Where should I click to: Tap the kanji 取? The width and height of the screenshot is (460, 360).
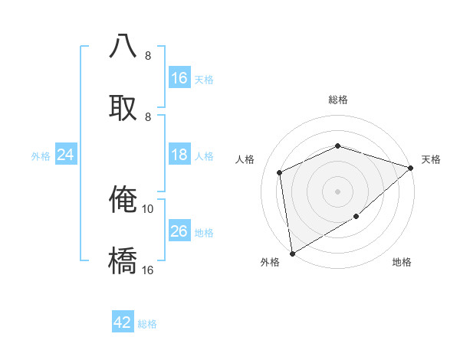123,106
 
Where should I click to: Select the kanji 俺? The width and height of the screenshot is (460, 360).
123,198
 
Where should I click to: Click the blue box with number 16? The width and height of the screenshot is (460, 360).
179,78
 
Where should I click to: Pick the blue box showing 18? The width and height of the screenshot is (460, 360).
179,155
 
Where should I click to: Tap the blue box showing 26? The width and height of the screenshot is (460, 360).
179,231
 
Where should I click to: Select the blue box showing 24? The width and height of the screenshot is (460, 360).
65,155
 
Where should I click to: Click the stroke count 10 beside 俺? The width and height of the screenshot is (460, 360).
148,208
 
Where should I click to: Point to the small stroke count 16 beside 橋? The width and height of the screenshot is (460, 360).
148,270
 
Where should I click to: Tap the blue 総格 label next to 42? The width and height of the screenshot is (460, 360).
147,324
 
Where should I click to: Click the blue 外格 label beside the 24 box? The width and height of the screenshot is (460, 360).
41,156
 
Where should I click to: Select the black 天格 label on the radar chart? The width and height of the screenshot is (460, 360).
431,159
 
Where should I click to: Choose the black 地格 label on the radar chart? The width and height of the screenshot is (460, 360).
402,262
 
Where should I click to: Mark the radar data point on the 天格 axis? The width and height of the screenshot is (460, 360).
411,167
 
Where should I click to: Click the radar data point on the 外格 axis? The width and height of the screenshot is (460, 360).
292,253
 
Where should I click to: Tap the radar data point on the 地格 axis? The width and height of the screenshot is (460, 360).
356,217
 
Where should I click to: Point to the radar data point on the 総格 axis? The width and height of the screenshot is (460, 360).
337,146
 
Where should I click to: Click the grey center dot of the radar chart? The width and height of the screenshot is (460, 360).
337,191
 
